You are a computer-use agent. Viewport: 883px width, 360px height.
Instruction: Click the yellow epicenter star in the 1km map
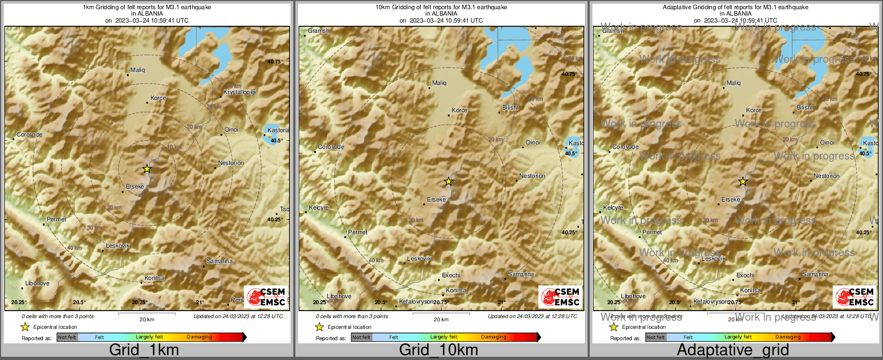coord(147,169)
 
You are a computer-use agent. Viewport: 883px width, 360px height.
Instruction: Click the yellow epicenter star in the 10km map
coord(448,182)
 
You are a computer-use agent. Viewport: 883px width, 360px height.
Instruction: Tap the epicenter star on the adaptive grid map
coord(743,182)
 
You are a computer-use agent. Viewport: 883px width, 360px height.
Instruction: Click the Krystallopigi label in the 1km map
coord(240,92)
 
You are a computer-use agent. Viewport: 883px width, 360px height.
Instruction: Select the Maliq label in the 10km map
coord(439,83)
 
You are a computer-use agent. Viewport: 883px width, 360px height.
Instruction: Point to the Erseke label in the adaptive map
coord(730,199)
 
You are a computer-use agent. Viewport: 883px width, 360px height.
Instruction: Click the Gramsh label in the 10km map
coord(318,31)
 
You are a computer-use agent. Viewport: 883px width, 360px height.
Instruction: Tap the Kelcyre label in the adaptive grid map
coord(613,207)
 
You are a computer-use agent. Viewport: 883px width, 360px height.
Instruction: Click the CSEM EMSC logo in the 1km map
coord(266,297)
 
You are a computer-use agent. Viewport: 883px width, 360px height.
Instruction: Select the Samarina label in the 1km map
coord(220,261)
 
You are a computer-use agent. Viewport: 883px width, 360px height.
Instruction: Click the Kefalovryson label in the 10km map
coord(416,302)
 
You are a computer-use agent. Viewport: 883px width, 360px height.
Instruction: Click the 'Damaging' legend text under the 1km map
coord(199,337)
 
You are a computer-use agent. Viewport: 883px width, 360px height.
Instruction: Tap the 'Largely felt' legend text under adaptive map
coord(738,337)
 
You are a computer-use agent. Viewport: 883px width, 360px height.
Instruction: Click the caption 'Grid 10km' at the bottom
coord(438,350)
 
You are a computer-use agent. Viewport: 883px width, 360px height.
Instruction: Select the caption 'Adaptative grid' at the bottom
coord(733,350)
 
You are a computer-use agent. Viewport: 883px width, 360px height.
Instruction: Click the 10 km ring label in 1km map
coord(174,147)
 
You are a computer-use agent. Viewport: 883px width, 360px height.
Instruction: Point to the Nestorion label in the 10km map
coord(532,176)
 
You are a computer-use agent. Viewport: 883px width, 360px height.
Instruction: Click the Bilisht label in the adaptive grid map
coord(805,107)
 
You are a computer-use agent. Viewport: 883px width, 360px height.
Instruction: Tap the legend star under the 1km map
coord(25,327)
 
